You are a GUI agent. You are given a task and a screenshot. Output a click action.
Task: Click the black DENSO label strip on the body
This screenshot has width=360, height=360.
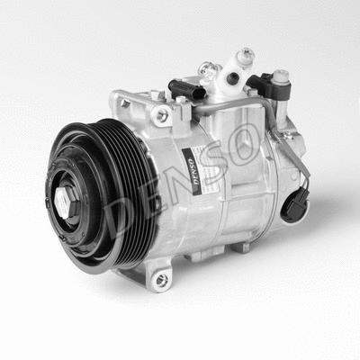point(191,172)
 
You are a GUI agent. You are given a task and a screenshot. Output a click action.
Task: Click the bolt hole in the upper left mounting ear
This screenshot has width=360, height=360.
point(162,114)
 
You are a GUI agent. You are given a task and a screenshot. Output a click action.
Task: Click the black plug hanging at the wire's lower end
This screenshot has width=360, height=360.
point(292,204)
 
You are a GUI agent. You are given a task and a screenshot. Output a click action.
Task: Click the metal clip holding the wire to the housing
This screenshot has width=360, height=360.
point(286,135)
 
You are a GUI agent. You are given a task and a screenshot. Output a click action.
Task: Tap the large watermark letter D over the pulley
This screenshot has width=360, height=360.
point(126,209)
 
